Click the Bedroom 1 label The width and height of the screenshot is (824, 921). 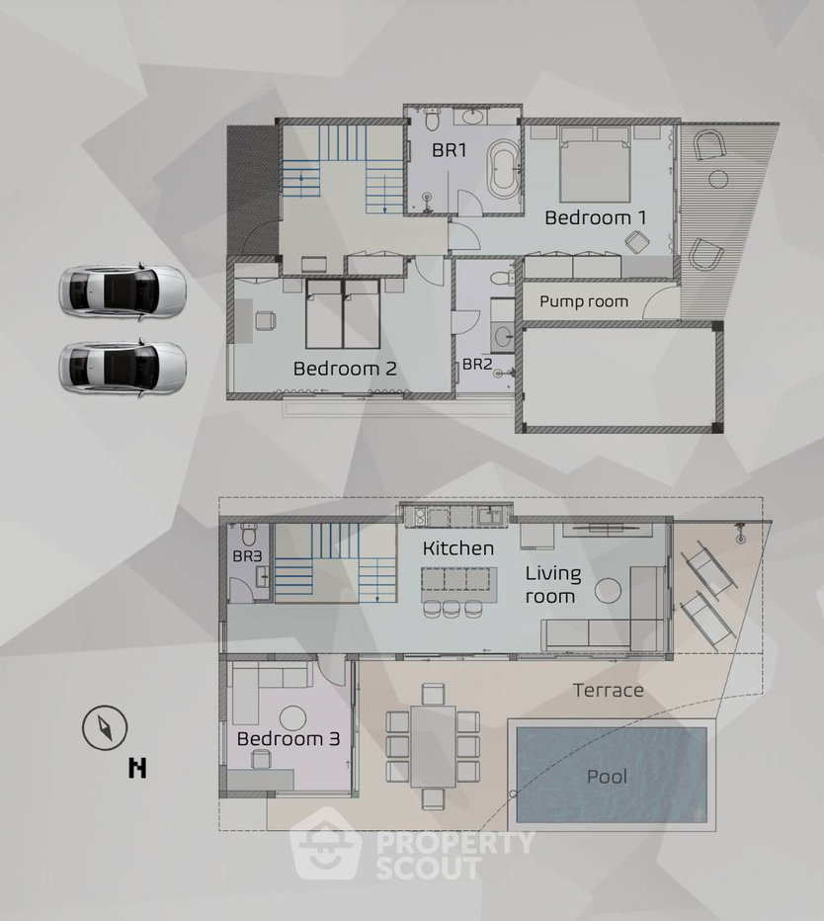point(595,218)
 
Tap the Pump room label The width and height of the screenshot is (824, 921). point(584,302)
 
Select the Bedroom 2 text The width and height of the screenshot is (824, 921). point(345,369)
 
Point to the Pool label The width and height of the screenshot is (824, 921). point(608,777)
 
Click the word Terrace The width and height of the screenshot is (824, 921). point(608,690)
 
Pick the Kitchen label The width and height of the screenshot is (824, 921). point(458,548)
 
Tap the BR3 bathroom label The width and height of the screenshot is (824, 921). point(247,556)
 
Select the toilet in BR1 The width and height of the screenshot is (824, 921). point(433,120)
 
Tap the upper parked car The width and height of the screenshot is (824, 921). point(123,292)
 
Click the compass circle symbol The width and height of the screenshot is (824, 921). point(105,727)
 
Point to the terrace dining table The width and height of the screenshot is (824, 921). point(434,746)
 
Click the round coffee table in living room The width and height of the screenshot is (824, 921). point(608,591)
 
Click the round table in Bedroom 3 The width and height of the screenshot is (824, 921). point(292,717)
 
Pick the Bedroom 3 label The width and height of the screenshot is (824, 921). point(288,739)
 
